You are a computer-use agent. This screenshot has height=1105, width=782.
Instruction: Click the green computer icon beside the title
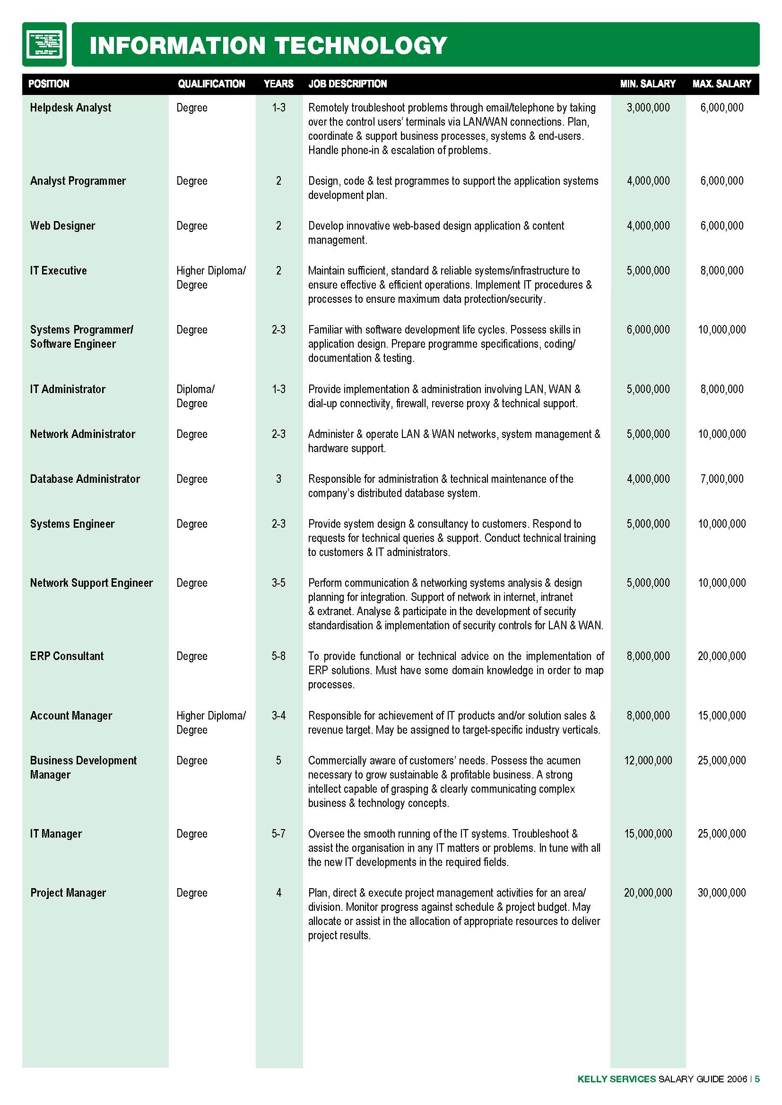click(x=44, y=44)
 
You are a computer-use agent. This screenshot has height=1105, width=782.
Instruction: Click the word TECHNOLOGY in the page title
click(x=361, y=46)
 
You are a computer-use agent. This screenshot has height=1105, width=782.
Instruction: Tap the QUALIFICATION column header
click(x=211, y=84)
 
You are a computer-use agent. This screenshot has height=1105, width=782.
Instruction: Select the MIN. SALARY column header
click(x=648, y=84)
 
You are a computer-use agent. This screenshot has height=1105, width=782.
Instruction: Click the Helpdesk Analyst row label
click(x=70, y=108)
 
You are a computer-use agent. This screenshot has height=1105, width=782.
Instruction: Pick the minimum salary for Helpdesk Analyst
click(x=648, y=108)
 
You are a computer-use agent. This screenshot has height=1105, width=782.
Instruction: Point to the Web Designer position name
click(x=62, y=226)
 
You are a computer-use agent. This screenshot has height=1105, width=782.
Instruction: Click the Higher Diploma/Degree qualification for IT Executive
click(x=211, y=278)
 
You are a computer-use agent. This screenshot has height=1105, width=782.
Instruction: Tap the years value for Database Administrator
click(x=278, y=479)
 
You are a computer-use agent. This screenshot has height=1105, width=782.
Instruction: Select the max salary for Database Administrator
click(x=721, y=479)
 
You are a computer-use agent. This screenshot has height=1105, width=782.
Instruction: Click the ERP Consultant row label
click(x=67, y=656)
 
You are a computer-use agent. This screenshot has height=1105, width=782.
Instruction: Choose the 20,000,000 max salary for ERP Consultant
click(x=721, y=656)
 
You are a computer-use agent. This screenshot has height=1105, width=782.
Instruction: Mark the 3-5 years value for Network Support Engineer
click(x=278, y=583)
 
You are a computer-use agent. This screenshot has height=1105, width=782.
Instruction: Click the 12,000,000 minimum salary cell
click(x=648, y=761)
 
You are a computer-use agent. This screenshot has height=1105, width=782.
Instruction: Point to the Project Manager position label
click(x=68, y=893)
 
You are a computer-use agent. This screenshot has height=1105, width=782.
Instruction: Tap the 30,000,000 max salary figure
click(x=721, y=893)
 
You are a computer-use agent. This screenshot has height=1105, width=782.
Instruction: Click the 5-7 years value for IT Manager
click(x=278, y=833)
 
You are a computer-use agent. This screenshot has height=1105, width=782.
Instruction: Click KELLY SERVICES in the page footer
click(x=617, y=1079)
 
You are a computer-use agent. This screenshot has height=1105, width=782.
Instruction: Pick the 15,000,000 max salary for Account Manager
click(x=721, y=716)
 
